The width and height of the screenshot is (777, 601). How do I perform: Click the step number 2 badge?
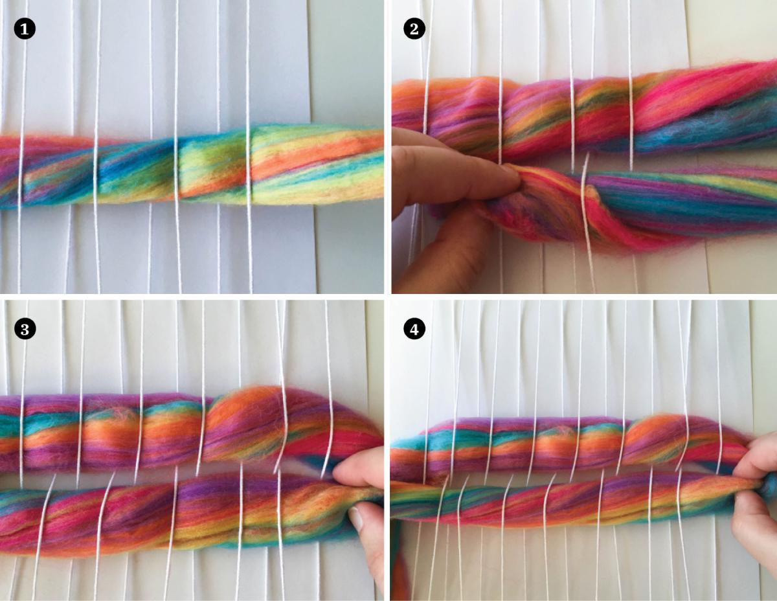point(414,28)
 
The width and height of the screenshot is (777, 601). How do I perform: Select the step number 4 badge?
point(414,329)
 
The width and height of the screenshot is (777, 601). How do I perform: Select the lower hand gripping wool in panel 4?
point(754,518)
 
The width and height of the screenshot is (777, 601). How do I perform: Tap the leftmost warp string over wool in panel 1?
point(21,168)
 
